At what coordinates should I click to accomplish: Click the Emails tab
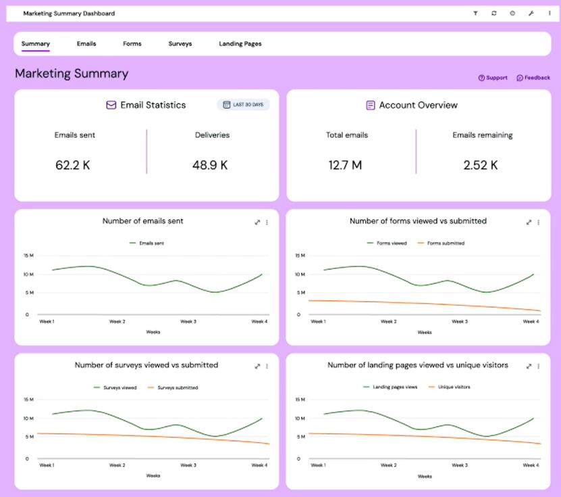click(x=86, y=44)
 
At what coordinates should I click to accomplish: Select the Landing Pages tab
click(x=240, y=44)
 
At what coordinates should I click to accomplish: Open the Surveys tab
click(x=180, y=44)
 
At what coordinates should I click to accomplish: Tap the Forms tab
click(x=132, y=44)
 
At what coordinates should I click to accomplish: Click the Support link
click(x=493, y=78)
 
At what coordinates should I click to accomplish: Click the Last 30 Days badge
click(x=244, y=105)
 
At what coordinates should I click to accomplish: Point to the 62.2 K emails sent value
click(x=73, y=165)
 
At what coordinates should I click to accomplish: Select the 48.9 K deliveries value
click(x=210, y=165)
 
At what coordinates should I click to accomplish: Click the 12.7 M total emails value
click(x=345, y=165)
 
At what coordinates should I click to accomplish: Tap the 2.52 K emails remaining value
click(x=481, y=165)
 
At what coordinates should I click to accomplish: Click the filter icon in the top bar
click(x=475, y=13)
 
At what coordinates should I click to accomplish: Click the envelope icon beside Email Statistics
click(x=111, y=105)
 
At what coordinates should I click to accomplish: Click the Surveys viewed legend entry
click(x=119, y=387)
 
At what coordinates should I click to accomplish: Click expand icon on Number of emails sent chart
click(x=257, y=222)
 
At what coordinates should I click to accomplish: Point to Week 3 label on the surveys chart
click(x=188, y=465)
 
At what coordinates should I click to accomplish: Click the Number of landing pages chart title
click(x=418, y=365)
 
